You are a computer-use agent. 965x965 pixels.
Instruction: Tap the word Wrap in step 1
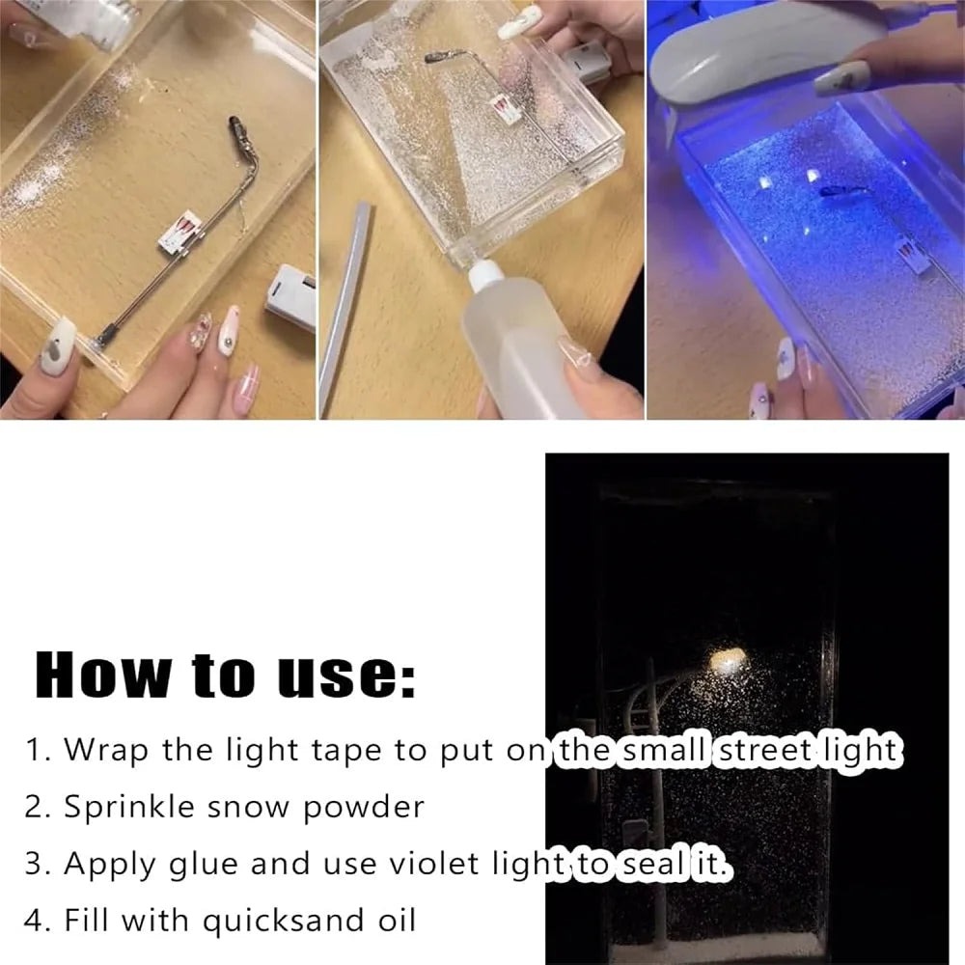click(x=108, y=750)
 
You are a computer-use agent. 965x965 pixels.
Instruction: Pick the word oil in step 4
click(x=392, y=920)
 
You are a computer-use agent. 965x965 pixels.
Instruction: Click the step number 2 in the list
click(x=35, y=808)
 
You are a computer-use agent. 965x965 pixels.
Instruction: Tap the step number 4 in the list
click(x=35, y=921)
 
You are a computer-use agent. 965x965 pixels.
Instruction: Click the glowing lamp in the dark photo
click(x=726, y=661)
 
